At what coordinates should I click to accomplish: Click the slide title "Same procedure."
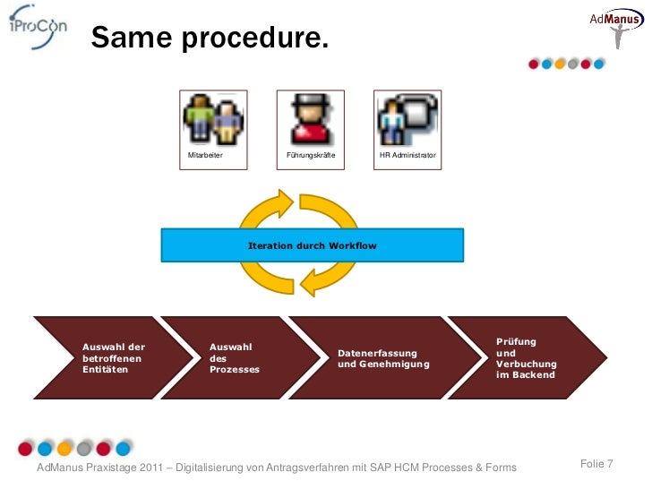209,39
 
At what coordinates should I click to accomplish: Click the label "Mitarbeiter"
205,156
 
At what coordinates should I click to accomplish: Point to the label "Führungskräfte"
310,156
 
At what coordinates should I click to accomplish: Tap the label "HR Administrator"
407,156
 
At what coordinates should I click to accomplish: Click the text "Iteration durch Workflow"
312,245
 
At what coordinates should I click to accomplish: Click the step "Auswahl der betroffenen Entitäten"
114,357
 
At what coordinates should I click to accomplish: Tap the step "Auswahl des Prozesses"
234,357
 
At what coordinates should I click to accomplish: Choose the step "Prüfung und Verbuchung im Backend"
527,358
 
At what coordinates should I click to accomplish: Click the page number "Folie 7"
596,463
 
